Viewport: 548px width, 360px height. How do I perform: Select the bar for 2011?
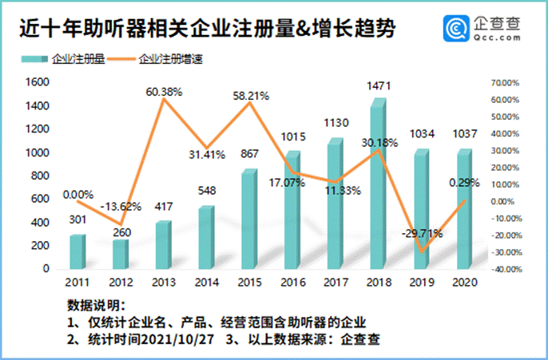77,252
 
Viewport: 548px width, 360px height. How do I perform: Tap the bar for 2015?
248,220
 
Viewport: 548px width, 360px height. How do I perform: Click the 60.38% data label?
165,92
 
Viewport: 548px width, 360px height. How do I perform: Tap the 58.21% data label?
250,95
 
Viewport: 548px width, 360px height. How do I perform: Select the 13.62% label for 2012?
124,206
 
